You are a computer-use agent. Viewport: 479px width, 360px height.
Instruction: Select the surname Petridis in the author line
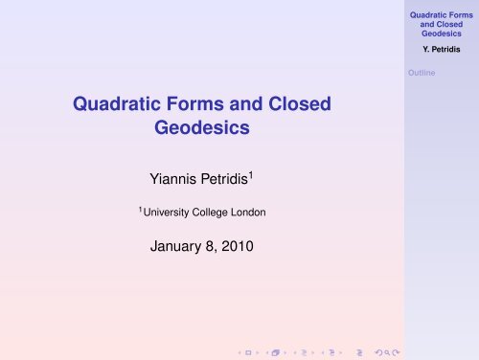[x=219, y=177]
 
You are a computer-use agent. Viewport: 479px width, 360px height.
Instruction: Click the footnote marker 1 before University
[x=142, y=208]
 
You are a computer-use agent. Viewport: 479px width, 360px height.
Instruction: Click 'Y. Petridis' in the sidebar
[x=443, y=48]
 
